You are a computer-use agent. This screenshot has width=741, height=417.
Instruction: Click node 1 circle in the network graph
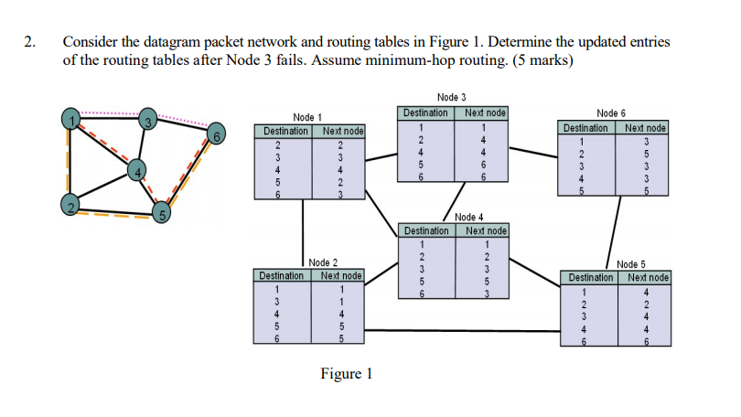tap(70, 117)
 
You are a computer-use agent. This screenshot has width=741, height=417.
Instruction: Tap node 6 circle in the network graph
tap(215, 134)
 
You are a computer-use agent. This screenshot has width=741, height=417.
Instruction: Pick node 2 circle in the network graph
tap(70, 204)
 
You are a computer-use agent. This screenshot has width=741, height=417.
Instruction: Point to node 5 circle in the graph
tap(161, 216)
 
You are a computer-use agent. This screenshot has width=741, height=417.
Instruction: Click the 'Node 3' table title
tap(451, 97)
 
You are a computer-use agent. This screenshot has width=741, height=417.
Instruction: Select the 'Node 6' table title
tap(611, 112)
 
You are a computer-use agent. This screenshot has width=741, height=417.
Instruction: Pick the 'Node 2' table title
tap(323, 262)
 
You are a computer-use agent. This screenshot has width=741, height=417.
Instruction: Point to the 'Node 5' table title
tap(631, 264)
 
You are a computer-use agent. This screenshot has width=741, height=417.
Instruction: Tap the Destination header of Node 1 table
tap(285, 132)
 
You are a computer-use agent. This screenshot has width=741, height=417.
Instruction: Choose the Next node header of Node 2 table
tap(341, 275)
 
